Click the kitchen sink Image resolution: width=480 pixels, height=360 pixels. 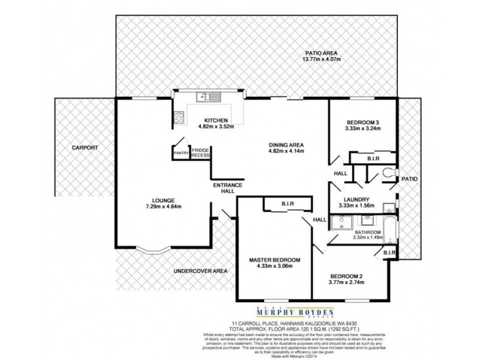[209, 97]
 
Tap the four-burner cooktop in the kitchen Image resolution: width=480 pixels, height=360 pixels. [179, 118]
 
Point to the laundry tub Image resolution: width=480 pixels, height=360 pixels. [388, 207]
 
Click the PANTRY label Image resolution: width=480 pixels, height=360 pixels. [181, 153]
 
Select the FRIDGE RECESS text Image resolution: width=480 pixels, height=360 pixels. [200, 152]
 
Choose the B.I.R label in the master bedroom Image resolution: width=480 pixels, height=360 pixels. [287, 204]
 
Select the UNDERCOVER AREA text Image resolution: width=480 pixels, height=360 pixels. [200, 271]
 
